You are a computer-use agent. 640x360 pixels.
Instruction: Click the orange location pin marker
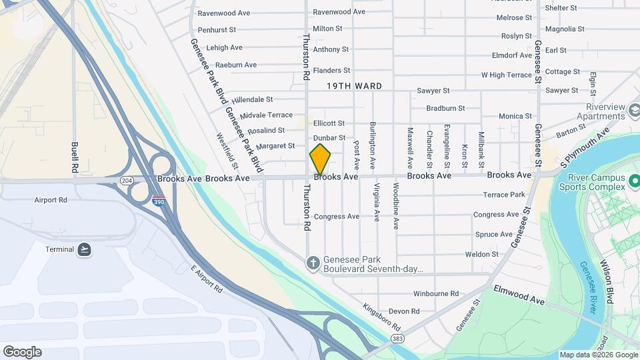click(320, 159)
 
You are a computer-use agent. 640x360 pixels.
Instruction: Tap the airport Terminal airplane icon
click(84, 249)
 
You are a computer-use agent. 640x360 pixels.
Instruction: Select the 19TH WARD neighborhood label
click(354, 86)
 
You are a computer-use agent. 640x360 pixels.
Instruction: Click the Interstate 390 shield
click(158, 200)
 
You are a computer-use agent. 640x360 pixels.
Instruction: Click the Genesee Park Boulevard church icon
click(312, 262)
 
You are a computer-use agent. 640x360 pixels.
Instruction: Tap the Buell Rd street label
click(75, 158)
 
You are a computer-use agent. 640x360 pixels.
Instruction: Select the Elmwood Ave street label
click(519, 293)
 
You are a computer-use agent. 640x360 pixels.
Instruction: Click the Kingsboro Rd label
click(381, 319)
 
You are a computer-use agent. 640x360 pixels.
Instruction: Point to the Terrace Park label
click(504, 195)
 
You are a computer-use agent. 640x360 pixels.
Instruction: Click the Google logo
click(22, 351)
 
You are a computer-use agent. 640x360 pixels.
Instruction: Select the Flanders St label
click(331, 70)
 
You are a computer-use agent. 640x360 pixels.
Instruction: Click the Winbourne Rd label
click(436, 293)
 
